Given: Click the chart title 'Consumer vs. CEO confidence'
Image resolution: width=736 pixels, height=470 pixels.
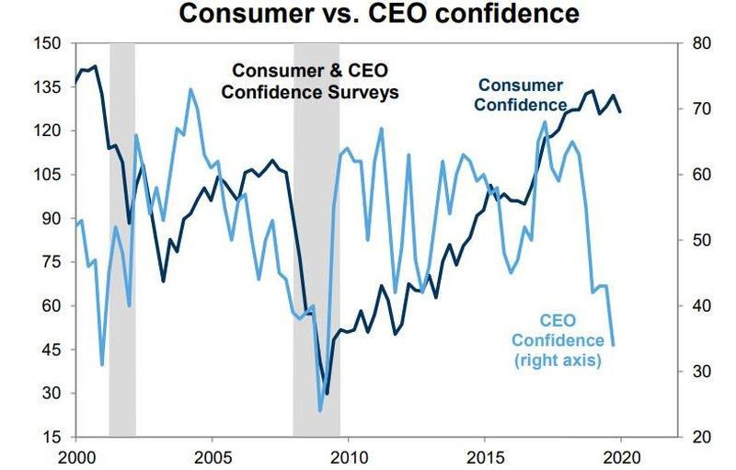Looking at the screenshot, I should [379, 14].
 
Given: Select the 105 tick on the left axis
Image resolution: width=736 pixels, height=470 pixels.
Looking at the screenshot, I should [49, 175].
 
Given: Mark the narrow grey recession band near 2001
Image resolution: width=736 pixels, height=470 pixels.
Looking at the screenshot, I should [121, 239].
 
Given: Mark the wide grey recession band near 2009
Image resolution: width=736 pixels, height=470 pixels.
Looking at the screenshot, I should [316, 239].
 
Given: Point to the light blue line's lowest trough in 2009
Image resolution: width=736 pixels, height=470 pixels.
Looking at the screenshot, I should [320, 410].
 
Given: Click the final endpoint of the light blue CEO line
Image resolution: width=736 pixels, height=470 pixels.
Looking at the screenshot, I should [614, 345].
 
